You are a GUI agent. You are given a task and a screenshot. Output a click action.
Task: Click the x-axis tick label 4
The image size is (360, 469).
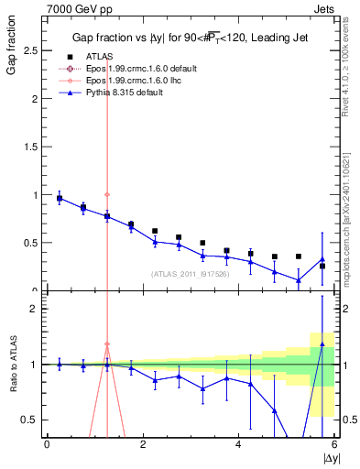point(238,445)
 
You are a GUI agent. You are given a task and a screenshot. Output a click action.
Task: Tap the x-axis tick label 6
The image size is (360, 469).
point(333,445)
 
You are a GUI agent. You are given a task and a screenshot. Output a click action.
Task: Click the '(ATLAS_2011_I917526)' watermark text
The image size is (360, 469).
point(191,273)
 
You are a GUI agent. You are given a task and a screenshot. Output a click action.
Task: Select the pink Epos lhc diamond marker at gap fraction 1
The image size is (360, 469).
point(107,194)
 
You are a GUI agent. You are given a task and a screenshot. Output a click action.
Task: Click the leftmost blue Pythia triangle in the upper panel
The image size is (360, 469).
point(60,198)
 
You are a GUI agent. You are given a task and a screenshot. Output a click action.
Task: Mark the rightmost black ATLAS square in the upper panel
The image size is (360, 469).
point(322,266)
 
